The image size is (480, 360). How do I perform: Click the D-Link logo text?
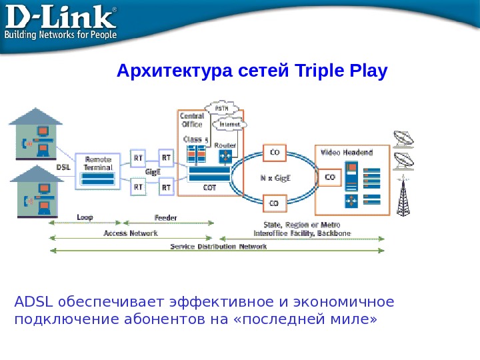pos(60,17)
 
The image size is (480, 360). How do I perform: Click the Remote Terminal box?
pos(98,164)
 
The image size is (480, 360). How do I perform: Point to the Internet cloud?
pos(230,125)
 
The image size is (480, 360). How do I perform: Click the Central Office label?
pos(193,120)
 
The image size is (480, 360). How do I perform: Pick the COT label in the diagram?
pos(209,187)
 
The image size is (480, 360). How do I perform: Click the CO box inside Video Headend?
pos(329,178)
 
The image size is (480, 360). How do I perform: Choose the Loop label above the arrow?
pos(85,217)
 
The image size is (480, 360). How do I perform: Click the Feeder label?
pos(165,217)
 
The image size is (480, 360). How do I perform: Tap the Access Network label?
pos(131,233)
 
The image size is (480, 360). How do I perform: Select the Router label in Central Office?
pos(225,144)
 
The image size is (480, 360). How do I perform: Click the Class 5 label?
pos(196,139)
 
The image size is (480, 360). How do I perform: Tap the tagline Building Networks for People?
pos(61,34)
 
